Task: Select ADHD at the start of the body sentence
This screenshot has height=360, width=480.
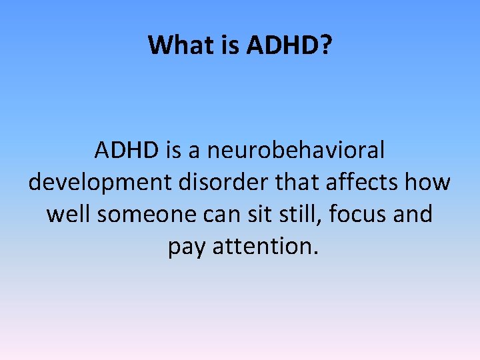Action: point(125,150)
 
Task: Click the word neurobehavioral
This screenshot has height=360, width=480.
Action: point(296,150)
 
